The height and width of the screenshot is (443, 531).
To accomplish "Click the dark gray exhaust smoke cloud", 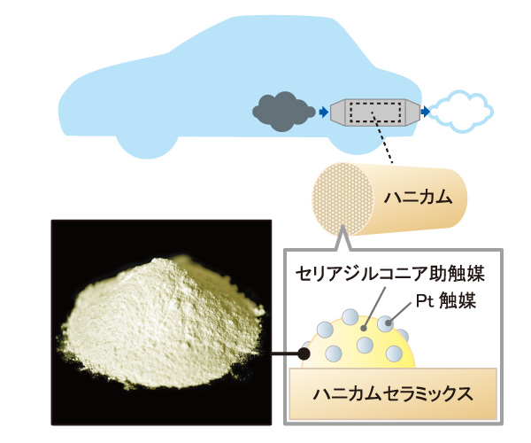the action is point(283,111).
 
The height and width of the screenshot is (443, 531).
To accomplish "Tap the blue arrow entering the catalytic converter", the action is point(324,112).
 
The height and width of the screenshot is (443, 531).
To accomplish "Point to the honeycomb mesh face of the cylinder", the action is point(342,199).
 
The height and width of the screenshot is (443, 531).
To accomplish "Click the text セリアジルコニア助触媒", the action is point(390,274).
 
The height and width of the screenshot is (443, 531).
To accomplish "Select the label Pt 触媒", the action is point(446,300).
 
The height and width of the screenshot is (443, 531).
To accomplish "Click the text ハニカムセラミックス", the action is point(393,394).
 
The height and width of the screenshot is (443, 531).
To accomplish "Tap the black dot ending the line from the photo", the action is point(304,354).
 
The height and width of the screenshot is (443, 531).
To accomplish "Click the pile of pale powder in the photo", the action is point(162,322).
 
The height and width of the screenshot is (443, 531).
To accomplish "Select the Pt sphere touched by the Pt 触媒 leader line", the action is point(386,323).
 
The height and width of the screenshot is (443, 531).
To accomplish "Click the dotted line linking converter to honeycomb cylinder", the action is point(382,138).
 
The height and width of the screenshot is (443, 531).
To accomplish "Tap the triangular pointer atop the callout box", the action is point(342,239).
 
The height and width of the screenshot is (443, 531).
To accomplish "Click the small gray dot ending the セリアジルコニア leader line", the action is point(364,328).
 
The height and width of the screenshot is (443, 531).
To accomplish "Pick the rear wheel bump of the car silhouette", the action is point(353,145).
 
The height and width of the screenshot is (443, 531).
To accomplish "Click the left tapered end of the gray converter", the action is point(337,112).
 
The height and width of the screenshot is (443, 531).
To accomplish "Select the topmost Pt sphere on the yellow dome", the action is point(350,317).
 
